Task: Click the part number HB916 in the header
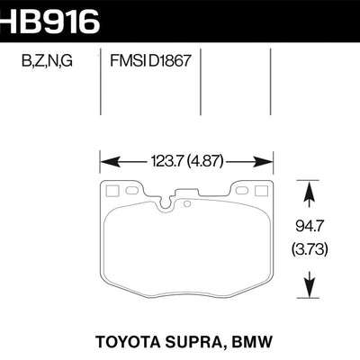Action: coord(49,20)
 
